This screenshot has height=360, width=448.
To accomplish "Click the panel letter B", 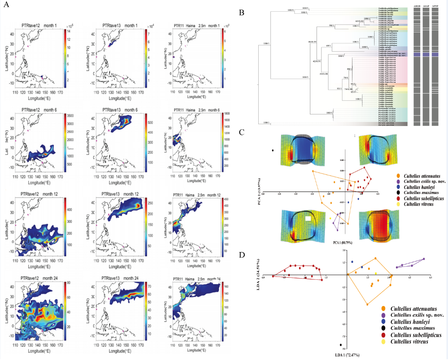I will [242, 12].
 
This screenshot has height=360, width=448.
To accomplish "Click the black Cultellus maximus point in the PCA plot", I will [273, 151].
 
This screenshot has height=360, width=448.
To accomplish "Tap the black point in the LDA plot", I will [341, 345].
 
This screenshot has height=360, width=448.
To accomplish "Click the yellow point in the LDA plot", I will [377, 274].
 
